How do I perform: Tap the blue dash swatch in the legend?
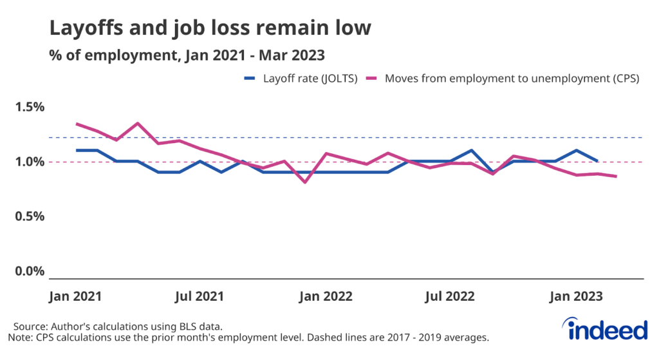250,80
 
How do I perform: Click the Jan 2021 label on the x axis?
76,296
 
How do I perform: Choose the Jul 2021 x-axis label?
200,296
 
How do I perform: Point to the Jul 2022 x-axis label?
450,296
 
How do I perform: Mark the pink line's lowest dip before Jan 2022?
305,182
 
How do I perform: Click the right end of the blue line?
598,161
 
